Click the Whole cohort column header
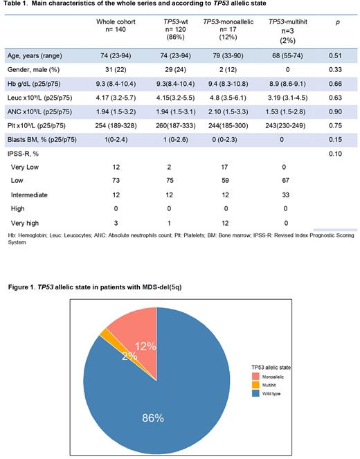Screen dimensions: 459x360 116,26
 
